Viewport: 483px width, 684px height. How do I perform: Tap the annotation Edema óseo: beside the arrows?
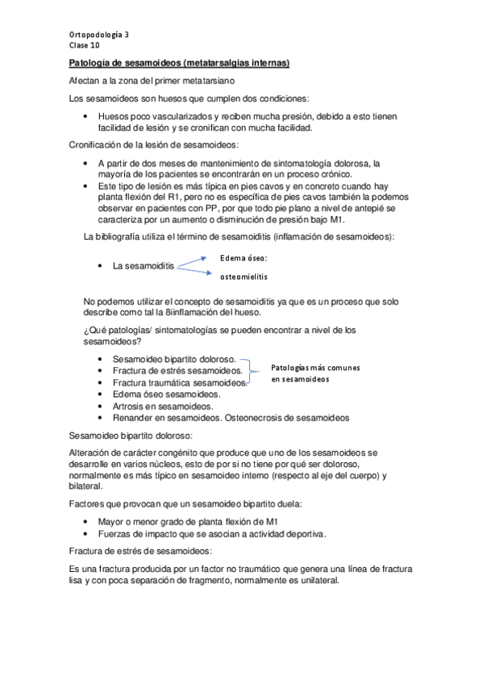(244, 258)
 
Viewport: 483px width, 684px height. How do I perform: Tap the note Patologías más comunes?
(315, 367)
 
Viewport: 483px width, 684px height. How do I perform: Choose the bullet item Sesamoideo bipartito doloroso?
(174, 359)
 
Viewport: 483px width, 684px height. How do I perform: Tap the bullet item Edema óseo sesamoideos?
(168, 394)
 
